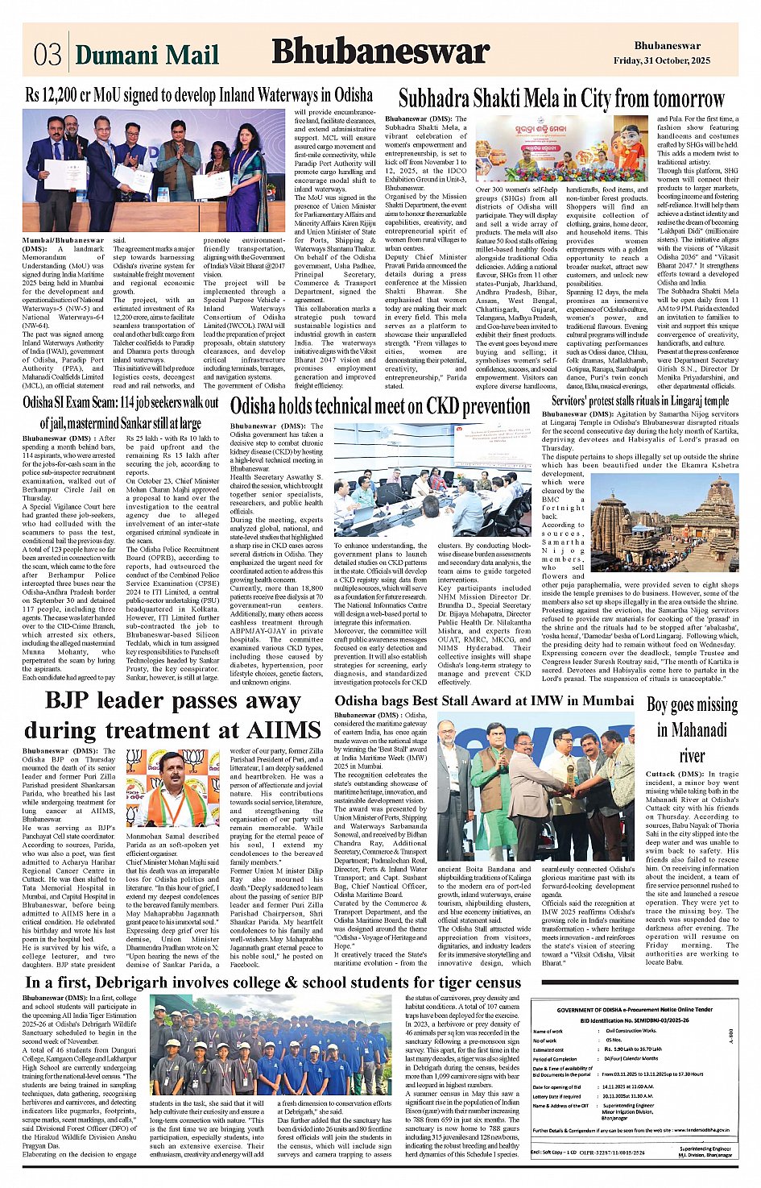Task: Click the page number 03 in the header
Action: (x=48, y=54)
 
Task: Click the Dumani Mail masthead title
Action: (x=147, y=54)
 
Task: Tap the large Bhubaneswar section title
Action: (x=380, y=52)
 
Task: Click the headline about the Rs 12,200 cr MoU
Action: (x=199, y=95)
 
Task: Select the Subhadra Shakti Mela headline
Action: (x=561, y=99)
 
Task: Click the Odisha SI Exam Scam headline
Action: (x=121, y=412)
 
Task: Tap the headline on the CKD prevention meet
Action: (x=380, y=406)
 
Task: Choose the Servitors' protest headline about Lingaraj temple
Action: (x=639, y=401)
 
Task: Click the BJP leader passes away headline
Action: (x=172, y=715)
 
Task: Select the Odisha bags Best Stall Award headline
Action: (x=484, y=700)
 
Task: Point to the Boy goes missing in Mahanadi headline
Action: (x=691, y=729)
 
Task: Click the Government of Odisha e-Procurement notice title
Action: (x=635, y=1009)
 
